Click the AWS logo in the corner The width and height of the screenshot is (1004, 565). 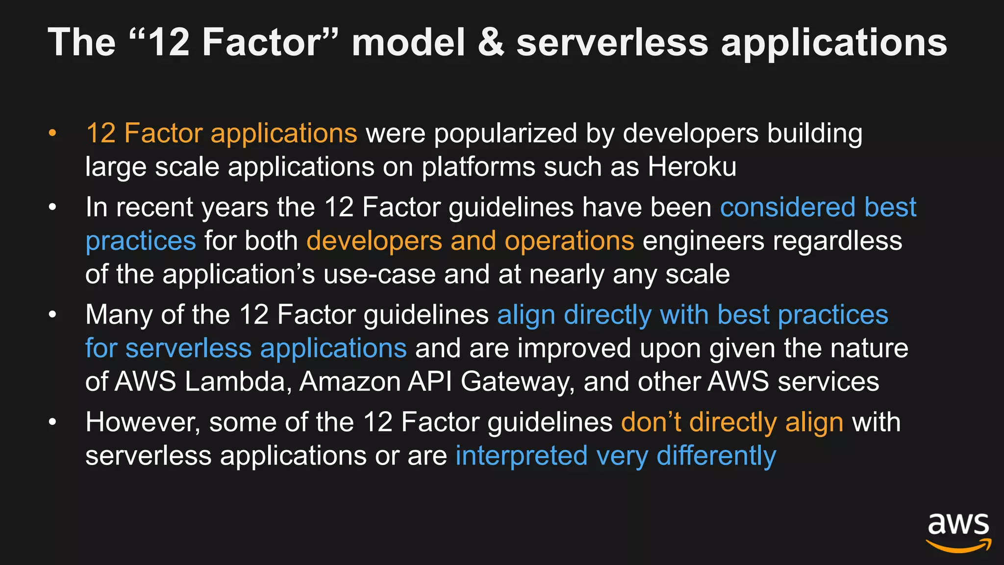pos(958,532)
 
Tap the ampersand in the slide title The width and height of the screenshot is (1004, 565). pos(491,42)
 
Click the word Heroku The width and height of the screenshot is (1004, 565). pos(692,167)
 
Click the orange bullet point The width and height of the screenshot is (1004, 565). pos(52,133)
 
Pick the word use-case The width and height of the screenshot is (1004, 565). pos(379,275)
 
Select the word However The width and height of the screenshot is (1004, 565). pos(143,423)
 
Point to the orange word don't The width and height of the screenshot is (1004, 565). pos(651,422)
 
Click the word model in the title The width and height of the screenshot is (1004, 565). pos(408,42)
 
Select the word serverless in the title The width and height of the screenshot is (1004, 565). pos(612,42)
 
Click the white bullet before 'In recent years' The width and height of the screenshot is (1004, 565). pos(52,207)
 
